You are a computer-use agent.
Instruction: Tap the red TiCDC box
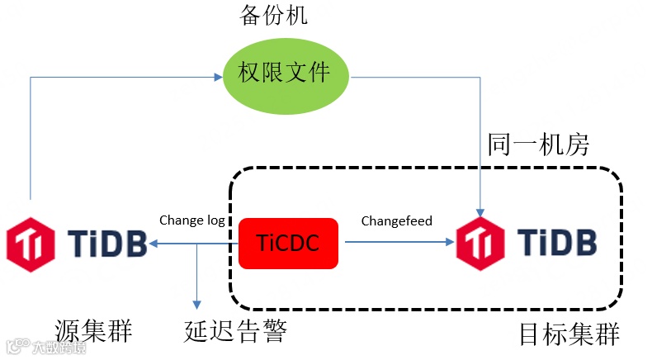(288, 243)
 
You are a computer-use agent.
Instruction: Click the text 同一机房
(537, 144)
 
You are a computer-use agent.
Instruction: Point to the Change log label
(191, 220)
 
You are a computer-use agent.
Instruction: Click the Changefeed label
(396, 220)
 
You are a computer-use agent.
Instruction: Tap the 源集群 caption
(94, 330)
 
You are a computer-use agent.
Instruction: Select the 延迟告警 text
(235, 331)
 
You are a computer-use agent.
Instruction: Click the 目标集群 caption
(569, 334)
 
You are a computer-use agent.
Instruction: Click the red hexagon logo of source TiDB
(31, 242)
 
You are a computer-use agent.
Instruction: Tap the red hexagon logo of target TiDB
(481, 242)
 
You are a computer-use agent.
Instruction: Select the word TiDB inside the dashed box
(556, 242)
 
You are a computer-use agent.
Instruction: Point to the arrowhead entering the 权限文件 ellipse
(218, 78)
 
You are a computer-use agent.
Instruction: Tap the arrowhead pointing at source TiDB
(155, 243)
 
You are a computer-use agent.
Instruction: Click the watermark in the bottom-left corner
(45, 348)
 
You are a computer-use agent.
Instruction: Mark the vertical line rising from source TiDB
(31, 140)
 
